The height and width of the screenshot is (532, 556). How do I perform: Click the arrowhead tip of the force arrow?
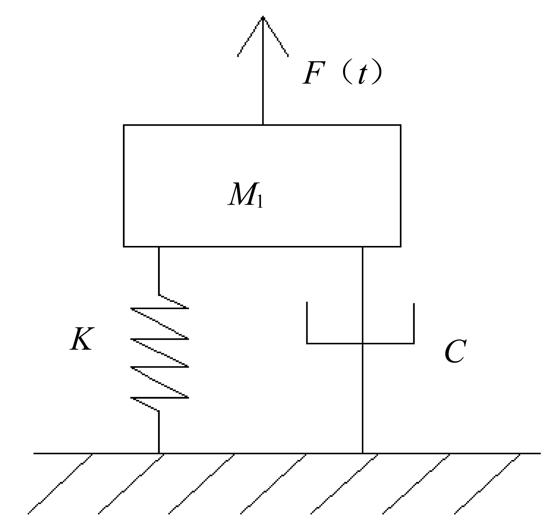click(263, 17)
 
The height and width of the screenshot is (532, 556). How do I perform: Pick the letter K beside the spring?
click(81, 339)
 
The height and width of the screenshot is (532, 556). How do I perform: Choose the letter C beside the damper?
click(455, 352)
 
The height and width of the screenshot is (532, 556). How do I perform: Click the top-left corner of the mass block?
click(124, 125)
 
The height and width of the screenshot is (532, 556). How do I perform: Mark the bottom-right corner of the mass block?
click(400, 246)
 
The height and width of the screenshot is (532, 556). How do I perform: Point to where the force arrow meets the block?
click(263, 125)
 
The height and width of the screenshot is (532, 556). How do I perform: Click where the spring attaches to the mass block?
click(159, 247)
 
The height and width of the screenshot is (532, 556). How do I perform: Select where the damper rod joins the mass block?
click(362, 247)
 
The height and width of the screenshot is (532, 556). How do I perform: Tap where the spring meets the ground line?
click(159, 453)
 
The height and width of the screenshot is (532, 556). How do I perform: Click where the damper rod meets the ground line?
click(362, 453)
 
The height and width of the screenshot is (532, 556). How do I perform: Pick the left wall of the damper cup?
click(307, 323)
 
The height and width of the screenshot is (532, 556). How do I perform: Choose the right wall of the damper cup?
click(414, 323)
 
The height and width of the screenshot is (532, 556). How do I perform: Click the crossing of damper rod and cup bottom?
click(362, 343)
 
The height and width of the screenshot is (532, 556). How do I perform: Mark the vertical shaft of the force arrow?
click(263, 71)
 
